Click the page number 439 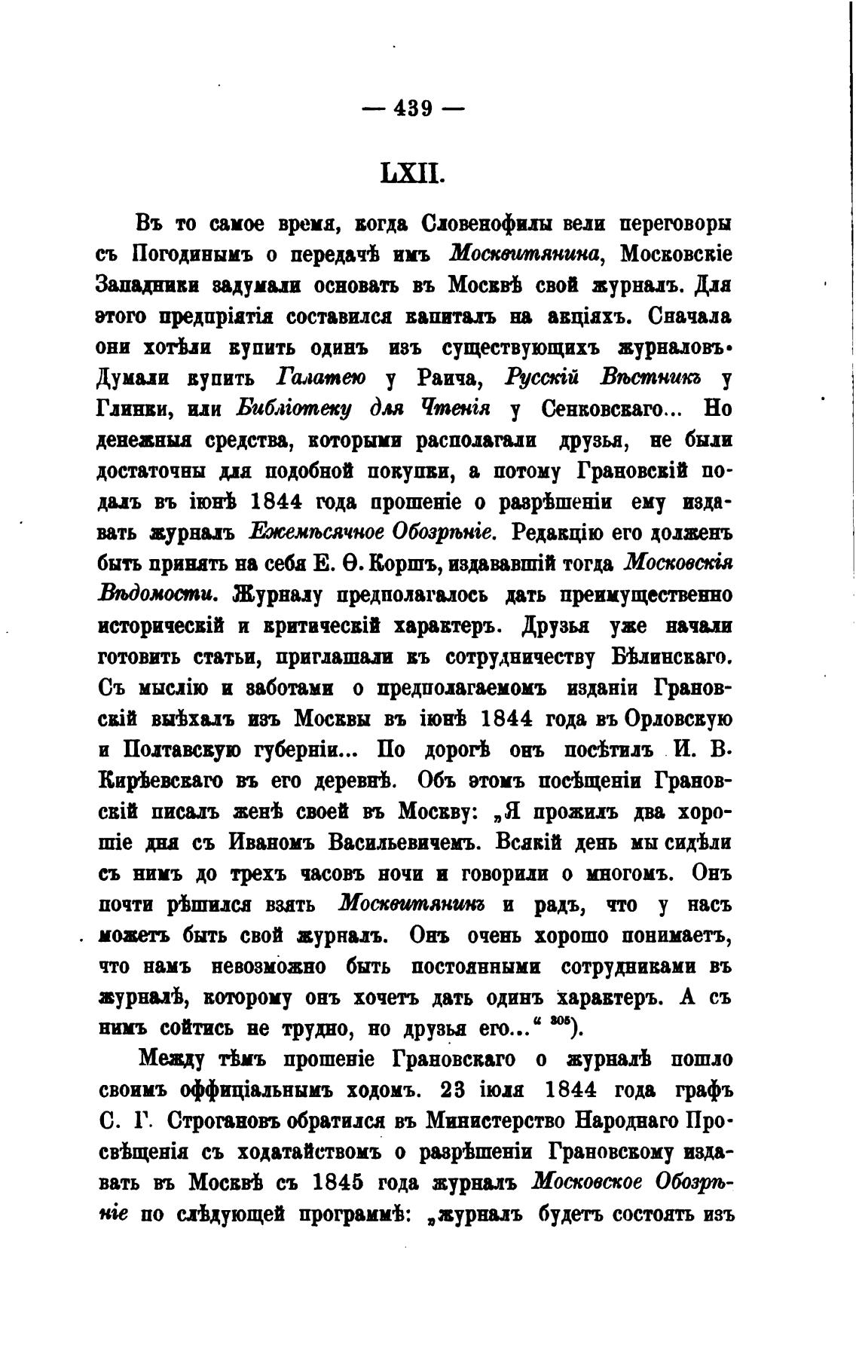click(x=413, y=109)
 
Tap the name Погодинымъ click(x=190, y=255)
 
